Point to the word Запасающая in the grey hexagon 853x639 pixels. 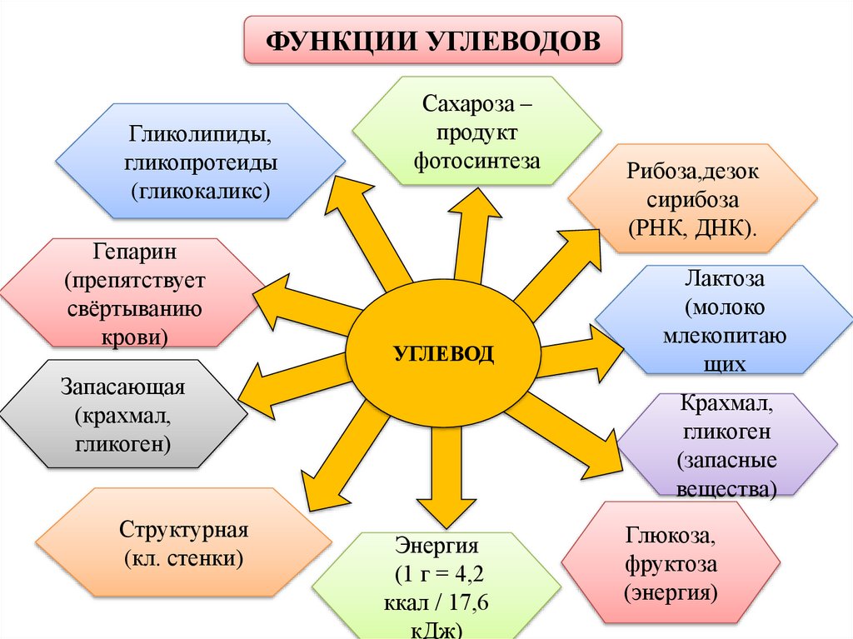click(122, 388)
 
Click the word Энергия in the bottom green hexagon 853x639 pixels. click(436, 547)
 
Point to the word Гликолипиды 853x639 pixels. click(200, 133)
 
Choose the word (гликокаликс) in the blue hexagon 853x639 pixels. click(200, 191)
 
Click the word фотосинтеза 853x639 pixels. click(477, 159)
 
